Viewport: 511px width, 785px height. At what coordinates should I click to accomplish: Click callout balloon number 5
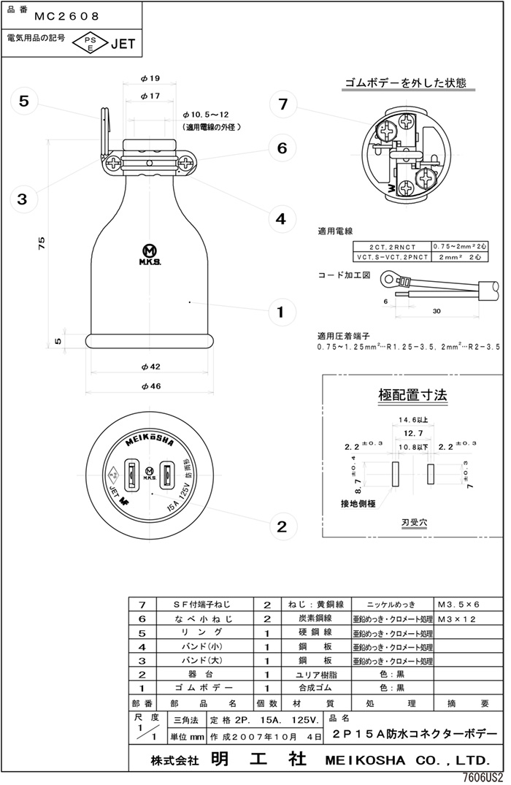click(23, 102)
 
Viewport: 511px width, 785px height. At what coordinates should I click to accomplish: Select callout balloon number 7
click(283, 104)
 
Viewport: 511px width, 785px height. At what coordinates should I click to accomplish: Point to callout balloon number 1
click(280, 313)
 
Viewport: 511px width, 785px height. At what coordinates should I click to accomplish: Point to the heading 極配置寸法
click(412, 396)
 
